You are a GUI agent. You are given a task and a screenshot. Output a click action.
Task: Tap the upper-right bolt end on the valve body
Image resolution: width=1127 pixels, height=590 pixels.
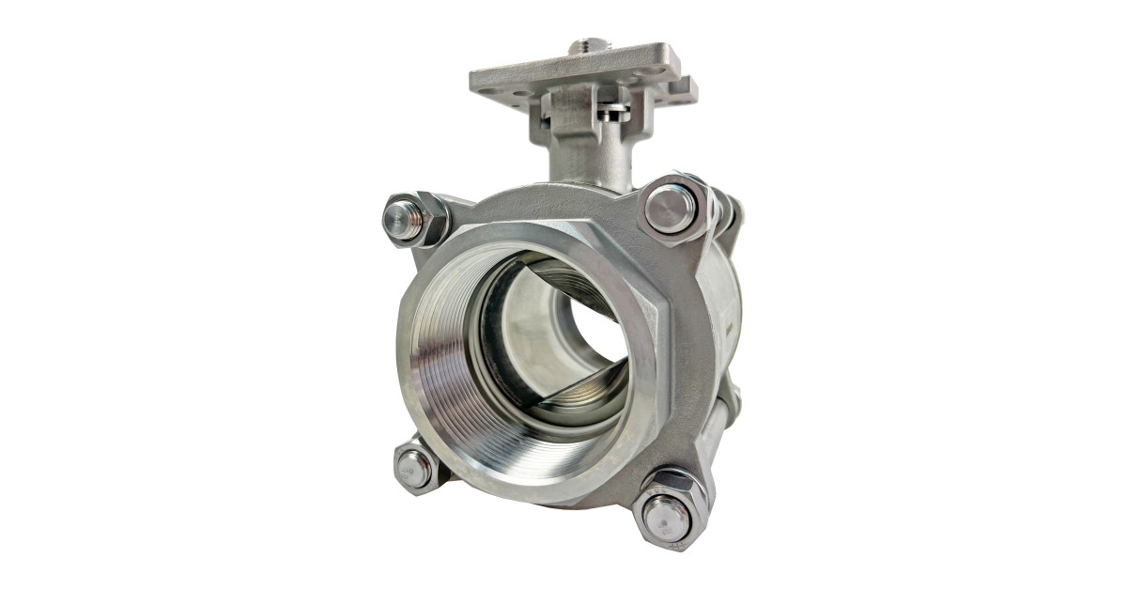coord(671,209)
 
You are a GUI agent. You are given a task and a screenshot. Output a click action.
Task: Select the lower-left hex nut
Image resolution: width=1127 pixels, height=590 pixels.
coord(414,467)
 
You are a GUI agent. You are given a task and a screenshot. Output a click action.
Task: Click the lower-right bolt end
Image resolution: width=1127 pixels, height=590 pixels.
coord(667,516)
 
